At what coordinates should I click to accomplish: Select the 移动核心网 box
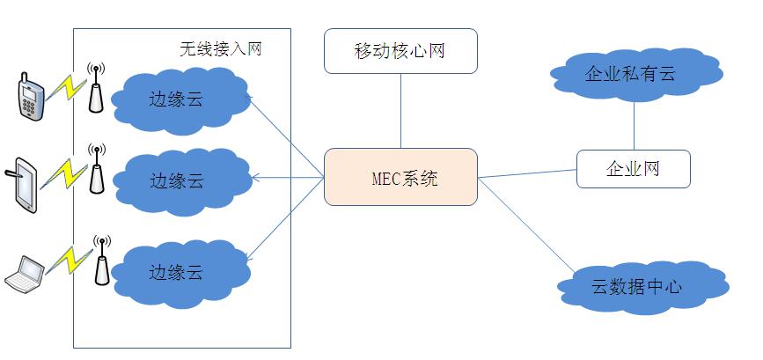(x=400, y=50)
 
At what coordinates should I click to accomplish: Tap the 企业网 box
(x=633, y=168)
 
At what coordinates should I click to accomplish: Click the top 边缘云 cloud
(x=177, y=98)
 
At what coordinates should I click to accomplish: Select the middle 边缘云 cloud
(x=177, y=180)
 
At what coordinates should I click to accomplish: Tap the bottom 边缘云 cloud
(x=177, y=272)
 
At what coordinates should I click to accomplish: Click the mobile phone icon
(x=29, y=97)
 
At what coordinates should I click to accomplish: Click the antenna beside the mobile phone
(x=96, y=88)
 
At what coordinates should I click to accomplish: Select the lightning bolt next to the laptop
(x=69, y=260)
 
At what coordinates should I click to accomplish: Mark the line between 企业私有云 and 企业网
(x=633, y=125)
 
